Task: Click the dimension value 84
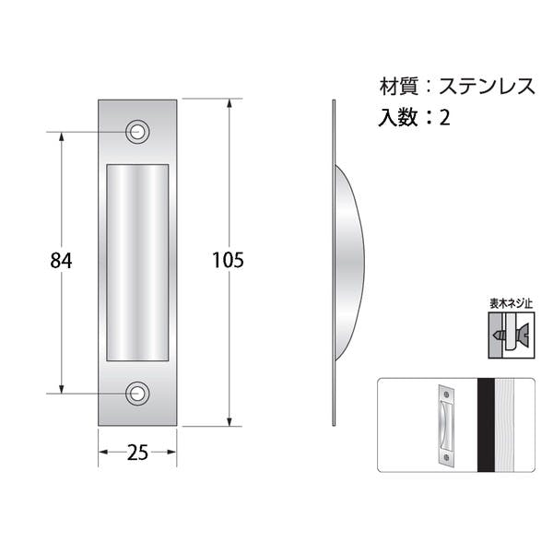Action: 61,261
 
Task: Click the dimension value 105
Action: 229,260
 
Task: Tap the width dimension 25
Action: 137,453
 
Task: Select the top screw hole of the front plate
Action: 137,132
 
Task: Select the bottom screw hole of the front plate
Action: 137,394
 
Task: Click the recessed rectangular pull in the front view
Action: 137,263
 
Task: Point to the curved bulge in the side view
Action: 348,263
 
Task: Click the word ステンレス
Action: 487,87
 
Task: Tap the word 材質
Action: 399,87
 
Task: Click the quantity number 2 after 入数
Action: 445,117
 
